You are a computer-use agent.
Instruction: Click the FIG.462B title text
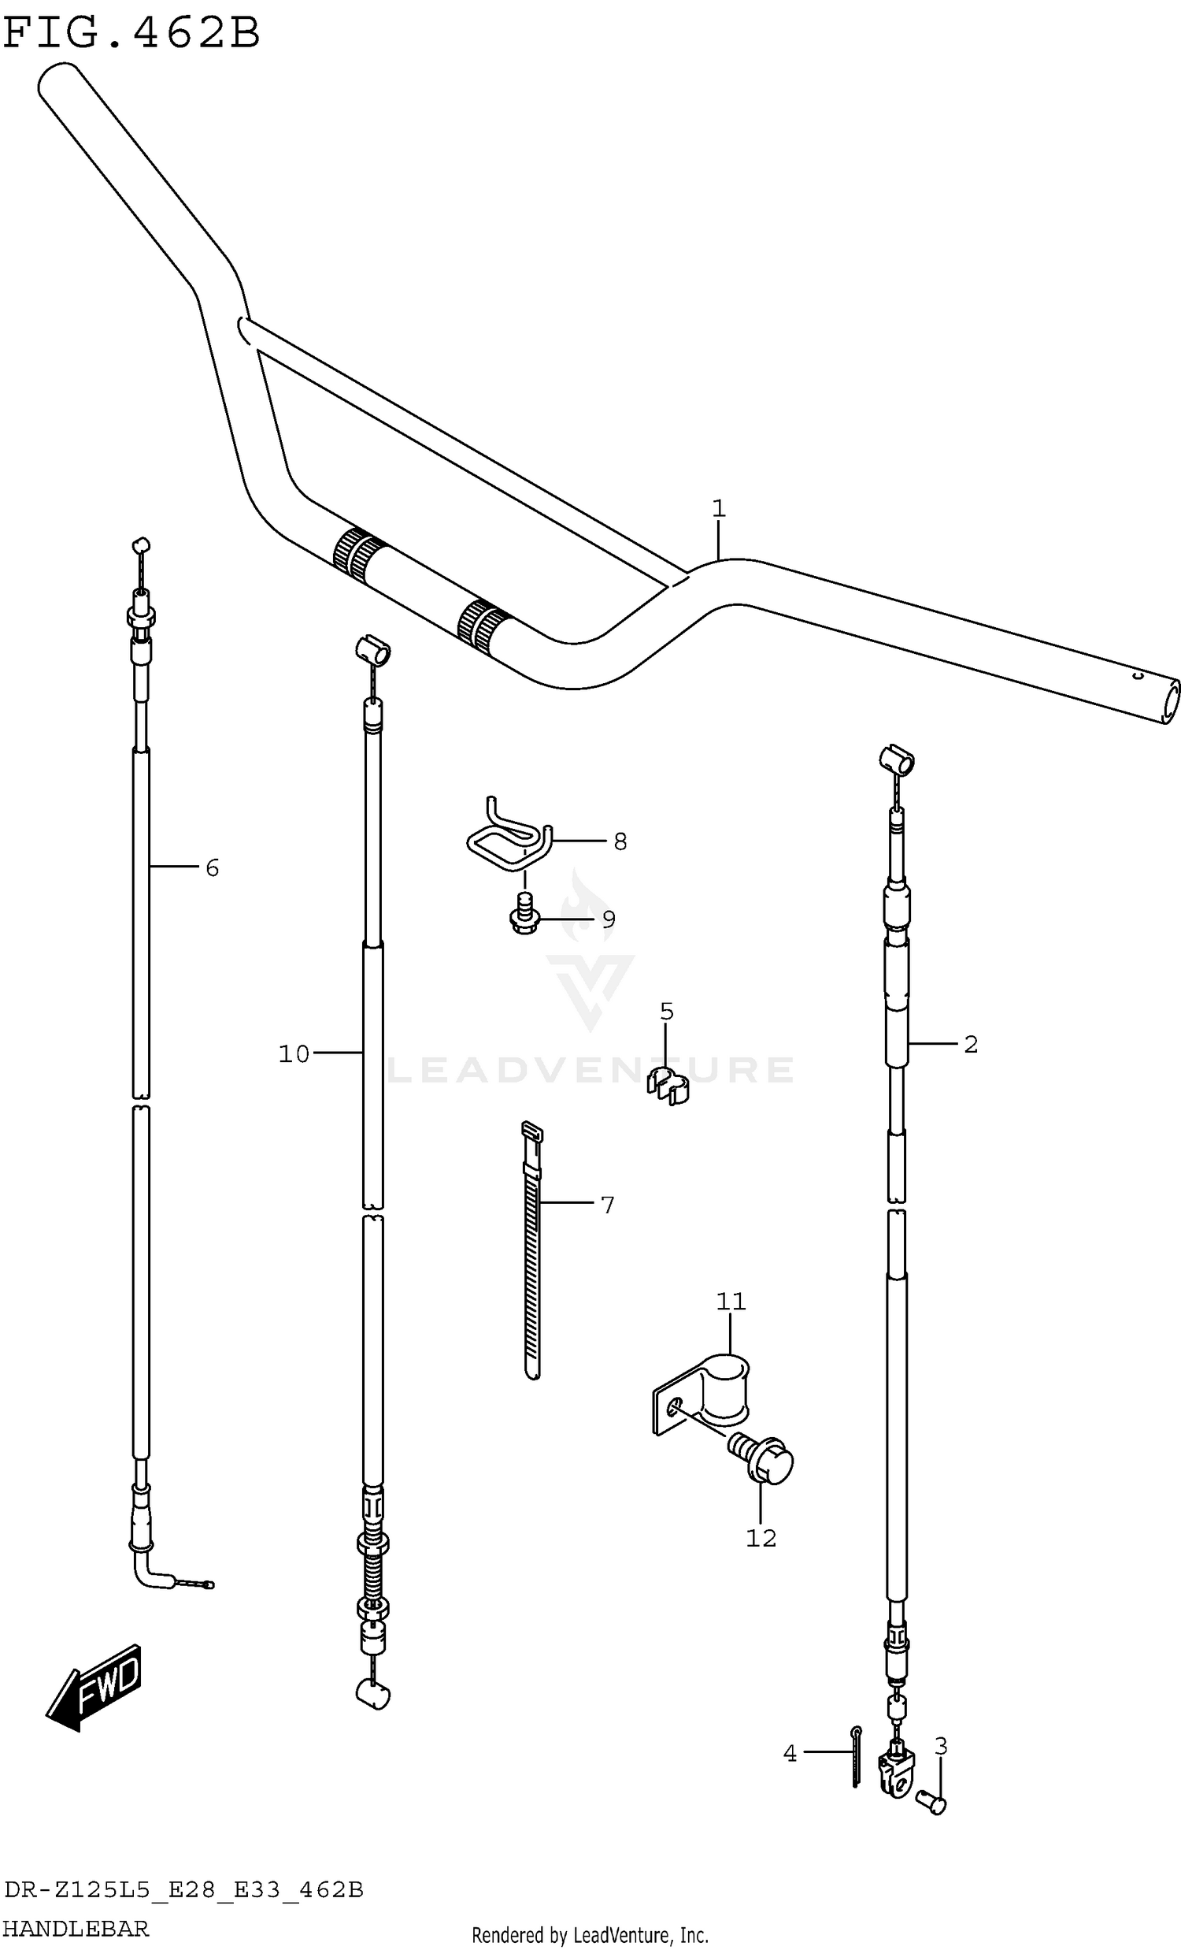(131, 33)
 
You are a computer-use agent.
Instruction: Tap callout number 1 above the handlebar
(718, 508)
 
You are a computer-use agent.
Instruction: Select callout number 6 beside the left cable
(212, 868)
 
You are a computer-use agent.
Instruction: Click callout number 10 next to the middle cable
(294, 1053)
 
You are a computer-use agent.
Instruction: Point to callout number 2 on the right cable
(971, 1045)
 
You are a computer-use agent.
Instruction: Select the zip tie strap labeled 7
(532, 1250)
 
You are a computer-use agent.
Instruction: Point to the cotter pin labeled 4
(856, 1762)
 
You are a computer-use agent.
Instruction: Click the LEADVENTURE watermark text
(589, 1070)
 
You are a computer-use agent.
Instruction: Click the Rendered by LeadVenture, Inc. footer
(589, 1936)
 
